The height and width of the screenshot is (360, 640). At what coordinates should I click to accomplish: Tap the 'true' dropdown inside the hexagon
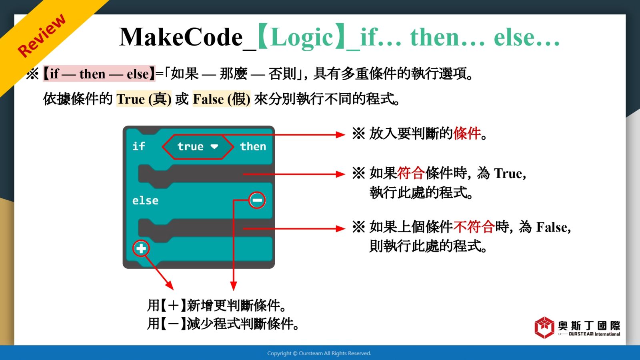[x=198, y=146]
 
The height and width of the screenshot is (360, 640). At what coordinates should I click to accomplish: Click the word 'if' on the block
[x=138, y=146]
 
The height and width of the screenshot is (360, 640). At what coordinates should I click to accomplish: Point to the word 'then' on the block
[x=253, y=146]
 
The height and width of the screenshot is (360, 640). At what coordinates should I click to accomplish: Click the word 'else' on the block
[x=145, y=200]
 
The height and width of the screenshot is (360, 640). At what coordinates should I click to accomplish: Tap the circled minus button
[x=257, y=200]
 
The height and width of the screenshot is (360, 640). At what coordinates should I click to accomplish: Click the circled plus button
[x=141, y=248]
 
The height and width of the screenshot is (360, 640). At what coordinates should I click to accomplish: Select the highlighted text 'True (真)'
[x=144, y=99]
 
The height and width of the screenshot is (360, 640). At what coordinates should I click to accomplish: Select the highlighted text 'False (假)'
[x=222, y=99]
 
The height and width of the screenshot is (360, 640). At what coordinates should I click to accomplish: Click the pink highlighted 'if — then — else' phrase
[x=99, y=74]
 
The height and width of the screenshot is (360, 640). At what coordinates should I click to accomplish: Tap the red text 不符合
[x=474, y=227]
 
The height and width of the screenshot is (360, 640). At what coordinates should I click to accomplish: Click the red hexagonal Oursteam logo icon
[x=544, y=328]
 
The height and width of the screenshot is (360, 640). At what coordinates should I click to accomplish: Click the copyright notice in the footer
[x=319, y=354]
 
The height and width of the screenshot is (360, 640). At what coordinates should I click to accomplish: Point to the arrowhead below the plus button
[x=169, y=286]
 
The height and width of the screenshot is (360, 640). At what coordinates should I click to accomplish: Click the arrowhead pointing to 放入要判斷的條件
[x=340, y=134]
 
